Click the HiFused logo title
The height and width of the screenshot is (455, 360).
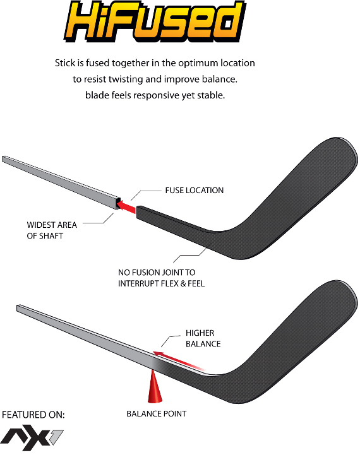(x=155, y=21)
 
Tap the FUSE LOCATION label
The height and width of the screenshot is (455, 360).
(x=195, y=191)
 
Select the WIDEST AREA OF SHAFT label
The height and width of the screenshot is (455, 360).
(x=52, y=230)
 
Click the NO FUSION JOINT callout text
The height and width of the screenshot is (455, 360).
(x=161, y=278)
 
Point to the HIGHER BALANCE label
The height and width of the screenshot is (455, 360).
(x=203, y=338)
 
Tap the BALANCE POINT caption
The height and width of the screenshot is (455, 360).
(x=156, y=414)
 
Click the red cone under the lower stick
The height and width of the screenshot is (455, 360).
(x=155, y=386)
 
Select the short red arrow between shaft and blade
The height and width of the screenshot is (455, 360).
(x=127, y=206)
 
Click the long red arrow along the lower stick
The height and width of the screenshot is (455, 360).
(x=179, y=361)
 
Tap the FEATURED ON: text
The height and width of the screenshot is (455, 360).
(x=33, y=415)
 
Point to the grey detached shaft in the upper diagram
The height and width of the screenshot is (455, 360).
(x=61, y=182)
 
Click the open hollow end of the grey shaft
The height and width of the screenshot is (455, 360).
(x=117, y=204)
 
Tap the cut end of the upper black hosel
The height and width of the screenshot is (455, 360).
(x=138, y=213)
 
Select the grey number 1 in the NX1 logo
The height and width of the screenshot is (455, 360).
(x=57, y=437)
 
